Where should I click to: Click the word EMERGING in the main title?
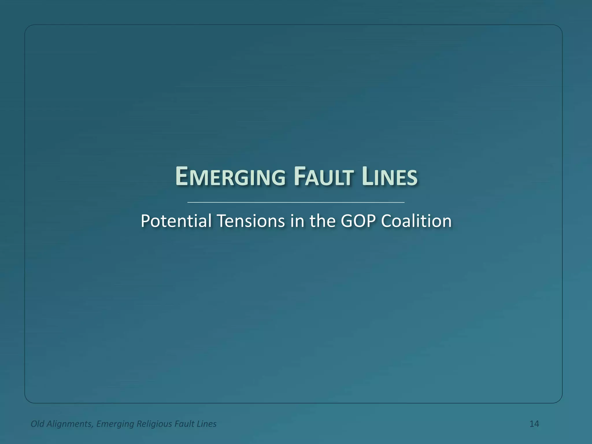coord(230,177)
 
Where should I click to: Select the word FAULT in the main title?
coord(323,177)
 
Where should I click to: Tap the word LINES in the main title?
coord(389,177)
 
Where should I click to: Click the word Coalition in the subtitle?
coord(416,221)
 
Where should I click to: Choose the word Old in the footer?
coord(37,424)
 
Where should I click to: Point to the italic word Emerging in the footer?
coord(115,424)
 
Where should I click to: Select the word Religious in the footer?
coord(154,424)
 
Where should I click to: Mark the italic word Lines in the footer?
coord(206,424)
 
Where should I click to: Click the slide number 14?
coord(534,424)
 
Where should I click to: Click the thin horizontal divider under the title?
coord(296,202)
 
